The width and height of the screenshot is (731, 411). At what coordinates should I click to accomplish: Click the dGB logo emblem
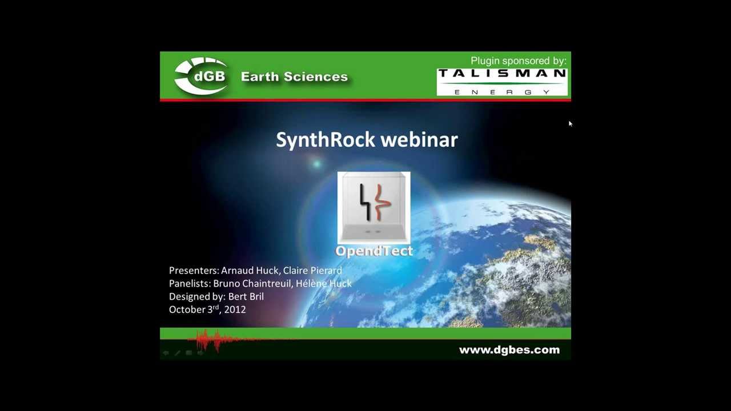(x=201, y=76)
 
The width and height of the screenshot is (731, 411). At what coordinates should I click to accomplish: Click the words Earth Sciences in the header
(x=294, y=76)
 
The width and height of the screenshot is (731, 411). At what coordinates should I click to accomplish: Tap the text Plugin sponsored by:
(x=518, y=61)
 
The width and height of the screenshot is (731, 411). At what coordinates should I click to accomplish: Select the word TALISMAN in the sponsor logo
(x=502, y=73)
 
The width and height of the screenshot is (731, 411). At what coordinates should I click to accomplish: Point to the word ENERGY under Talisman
(x=502, y=91)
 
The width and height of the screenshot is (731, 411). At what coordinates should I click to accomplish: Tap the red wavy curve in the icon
(x=382, y=203)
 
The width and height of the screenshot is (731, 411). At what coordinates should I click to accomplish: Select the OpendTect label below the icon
(x=374, y=251)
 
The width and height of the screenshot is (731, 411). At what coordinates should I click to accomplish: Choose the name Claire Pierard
(x=312, y=271)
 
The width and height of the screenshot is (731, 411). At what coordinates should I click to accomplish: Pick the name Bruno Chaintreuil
(x=252, y=284)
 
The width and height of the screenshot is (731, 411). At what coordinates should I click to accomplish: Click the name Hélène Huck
(x=323, y=284)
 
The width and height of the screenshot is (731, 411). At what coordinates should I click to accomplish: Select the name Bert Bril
(x=246, y=297)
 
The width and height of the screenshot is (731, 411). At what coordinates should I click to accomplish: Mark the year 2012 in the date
(x=235, y=309)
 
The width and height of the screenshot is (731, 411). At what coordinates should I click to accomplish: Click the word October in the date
(x=187, y=309)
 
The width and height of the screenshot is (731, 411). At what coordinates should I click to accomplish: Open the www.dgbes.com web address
(x=509, y=350)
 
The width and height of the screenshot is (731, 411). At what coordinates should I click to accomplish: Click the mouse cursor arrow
(x=570, y=123)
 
